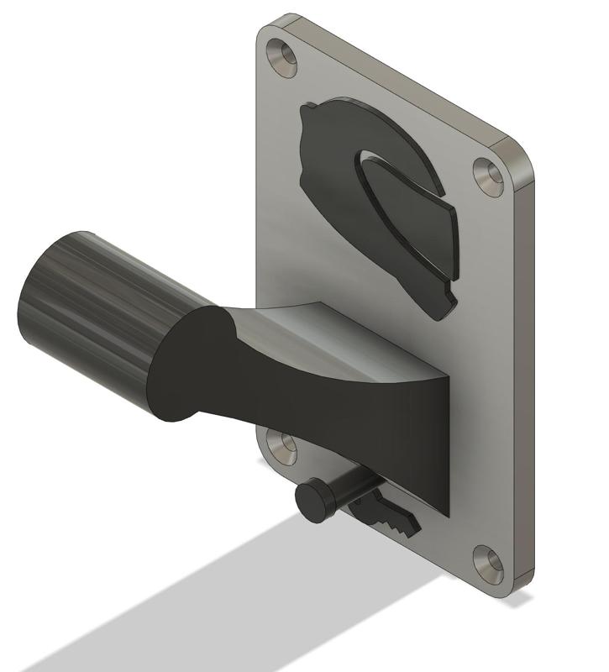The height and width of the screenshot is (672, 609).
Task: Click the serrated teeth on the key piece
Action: pyautogui.click(x=403, y=526)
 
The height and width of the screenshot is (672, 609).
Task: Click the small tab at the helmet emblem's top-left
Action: pyautogui.click(x=308, y=109)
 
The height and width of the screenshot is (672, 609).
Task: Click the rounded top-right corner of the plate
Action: pyautogui.click(x=517, y=155)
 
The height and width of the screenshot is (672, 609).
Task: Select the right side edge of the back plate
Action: pyautogui.click(x=526, y=378)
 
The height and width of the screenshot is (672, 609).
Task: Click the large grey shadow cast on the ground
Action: pyautogui.click(x=210, y=605)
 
